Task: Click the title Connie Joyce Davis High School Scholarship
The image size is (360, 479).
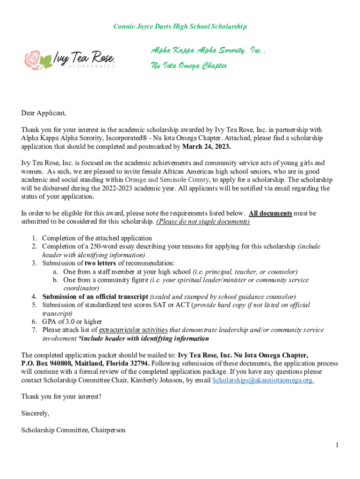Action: coord(180,27)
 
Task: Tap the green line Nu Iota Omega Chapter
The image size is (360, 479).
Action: coord(188,66)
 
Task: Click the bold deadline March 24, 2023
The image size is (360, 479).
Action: coord(206,146)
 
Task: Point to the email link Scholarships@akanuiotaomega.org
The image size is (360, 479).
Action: coord(263,380)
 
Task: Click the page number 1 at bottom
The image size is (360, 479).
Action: coord(336,445)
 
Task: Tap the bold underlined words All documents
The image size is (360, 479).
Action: coord(270,213)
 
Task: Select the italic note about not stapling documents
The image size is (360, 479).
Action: coord(203,222)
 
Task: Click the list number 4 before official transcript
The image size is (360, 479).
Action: coord(35,297)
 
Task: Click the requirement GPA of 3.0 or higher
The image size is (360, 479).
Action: coord(72,322)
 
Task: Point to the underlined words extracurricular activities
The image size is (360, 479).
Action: coord(133,330)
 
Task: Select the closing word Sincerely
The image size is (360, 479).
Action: coord(35,414)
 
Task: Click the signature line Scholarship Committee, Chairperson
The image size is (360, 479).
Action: coord(73,430)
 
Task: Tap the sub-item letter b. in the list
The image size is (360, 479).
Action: coord(55,280)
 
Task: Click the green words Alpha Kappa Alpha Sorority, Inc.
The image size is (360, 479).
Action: coord(208,50)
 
